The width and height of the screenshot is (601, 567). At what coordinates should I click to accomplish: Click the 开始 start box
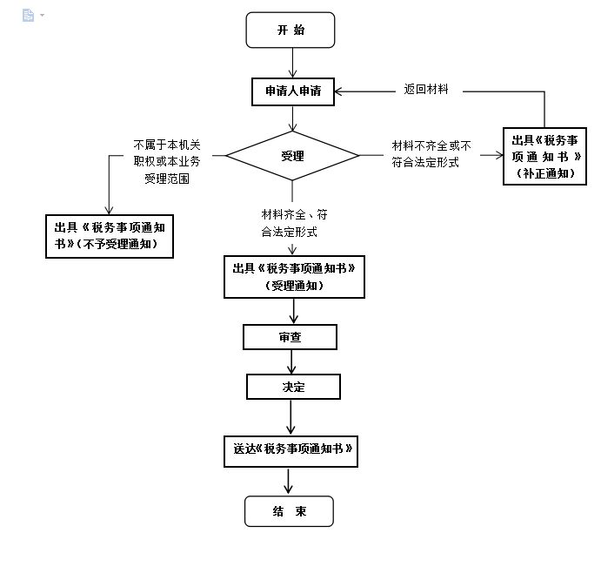coord(291,30)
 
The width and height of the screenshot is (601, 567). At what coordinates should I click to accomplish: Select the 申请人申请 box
coord(293,92)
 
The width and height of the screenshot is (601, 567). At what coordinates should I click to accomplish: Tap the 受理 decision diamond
coord(292,156)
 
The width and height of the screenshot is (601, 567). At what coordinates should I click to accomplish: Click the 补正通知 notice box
coord(544,156)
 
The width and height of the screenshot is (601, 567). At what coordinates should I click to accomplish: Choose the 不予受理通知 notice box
coord(109,236)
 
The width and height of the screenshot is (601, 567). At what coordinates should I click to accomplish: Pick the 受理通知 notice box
coord(293,277)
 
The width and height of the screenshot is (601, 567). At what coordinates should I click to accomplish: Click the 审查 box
coord(290,337)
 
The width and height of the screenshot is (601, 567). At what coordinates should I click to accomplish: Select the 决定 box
coord(293,386)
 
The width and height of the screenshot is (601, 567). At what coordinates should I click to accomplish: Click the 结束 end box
coord(289,511)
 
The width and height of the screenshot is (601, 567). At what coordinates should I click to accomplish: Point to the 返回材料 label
coord(426,89)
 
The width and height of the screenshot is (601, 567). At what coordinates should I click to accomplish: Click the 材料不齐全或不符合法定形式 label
coord(431,154)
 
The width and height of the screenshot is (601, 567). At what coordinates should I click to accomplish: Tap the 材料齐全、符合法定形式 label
coord(294,223)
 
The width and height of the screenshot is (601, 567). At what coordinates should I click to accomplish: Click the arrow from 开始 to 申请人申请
coord(292,64)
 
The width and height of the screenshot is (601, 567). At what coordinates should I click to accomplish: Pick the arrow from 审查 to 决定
coord(291,361)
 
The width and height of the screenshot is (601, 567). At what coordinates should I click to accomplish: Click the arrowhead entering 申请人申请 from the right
coord(341,91)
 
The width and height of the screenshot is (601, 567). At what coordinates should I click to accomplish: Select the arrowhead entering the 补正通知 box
coord(499,156)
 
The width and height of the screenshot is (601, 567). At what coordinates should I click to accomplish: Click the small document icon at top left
coord(28,16)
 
